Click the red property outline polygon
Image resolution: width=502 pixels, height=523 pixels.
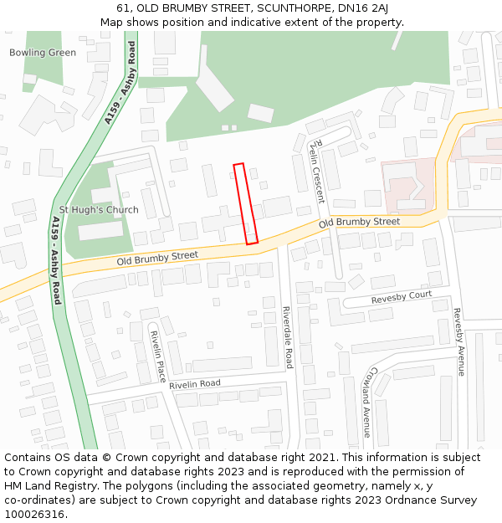[245, 204]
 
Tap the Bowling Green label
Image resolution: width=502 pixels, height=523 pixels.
[43, 53]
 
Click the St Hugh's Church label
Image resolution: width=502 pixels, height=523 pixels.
[99, 210]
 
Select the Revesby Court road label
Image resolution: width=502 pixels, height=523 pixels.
[402, 296]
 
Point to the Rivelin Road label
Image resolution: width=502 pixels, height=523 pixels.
[195, 383]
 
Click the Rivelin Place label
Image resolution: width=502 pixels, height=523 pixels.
[157, 356]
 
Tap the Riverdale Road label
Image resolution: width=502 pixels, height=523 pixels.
[287, 337]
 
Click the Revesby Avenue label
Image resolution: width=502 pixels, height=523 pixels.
[458, 342]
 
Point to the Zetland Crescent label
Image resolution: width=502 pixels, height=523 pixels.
[316, 171]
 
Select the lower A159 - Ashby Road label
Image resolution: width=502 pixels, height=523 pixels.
[56, 259]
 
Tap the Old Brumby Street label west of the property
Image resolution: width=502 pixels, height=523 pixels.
[157, 255]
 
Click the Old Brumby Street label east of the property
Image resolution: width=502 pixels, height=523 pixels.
[359, 222]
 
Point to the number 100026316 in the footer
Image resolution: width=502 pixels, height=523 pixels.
[34, 515]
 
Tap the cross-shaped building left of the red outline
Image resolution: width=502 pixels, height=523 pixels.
[220, 222]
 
